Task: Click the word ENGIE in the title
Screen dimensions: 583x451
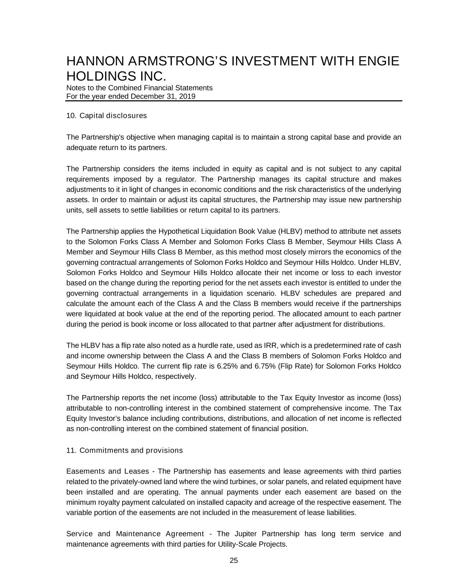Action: (x=378, y=61)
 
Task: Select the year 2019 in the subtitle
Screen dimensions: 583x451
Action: (x=187, y=97)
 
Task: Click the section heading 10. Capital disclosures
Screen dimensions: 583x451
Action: (x=106, y=116)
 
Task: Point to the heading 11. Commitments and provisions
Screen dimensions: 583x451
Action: (x=124, y=451)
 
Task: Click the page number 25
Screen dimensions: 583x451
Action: (x=234, y=561)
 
